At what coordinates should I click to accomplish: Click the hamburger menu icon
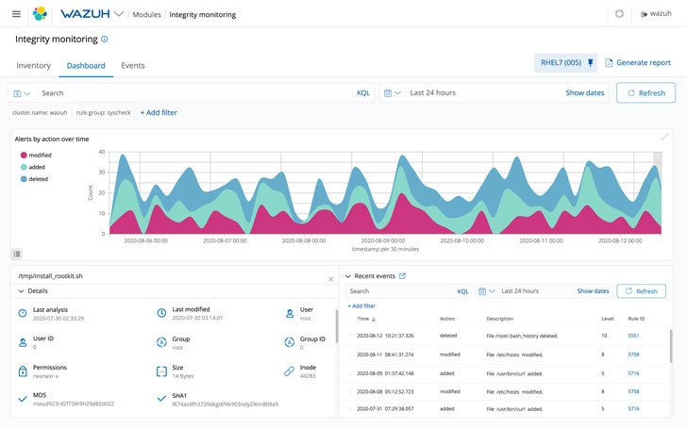click(16, 14)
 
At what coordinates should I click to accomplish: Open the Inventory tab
click(34, 65)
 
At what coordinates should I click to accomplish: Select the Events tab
click(132, 65)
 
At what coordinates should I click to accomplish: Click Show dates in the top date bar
click(584, 93)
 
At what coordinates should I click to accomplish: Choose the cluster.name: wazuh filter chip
click(39, 112)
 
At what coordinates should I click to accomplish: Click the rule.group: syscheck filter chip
click(105, 112)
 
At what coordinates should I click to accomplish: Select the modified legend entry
click(40, 155)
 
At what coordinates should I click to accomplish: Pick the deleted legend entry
click(38, 178)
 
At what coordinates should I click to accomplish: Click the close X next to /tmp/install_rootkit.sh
click(330, 279)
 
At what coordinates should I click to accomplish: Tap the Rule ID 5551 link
click(633, 336)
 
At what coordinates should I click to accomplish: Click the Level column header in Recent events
click(606, 319)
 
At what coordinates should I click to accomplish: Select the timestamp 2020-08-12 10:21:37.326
click(384, 336)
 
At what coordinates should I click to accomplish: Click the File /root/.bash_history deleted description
click(522, 336)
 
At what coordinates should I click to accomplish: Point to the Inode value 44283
click(308, 376)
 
